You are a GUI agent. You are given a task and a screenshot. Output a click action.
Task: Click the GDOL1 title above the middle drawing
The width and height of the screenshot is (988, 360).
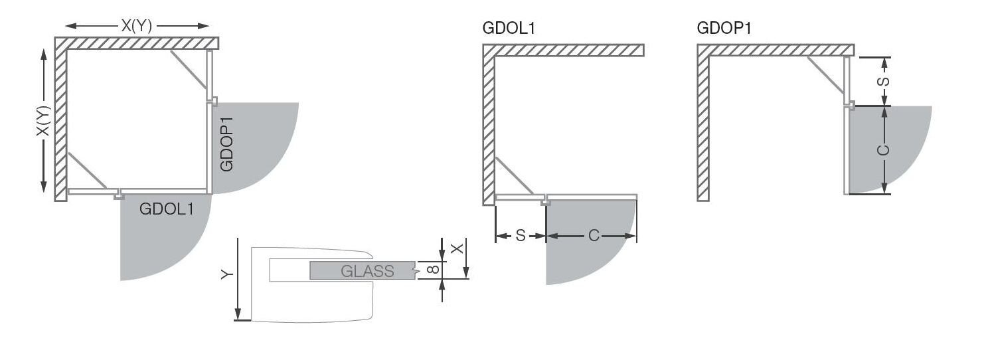[x=509, y=29]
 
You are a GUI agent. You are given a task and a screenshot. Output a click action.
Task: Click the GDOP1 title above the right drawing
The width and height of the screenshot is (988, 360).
[x=723, y=29]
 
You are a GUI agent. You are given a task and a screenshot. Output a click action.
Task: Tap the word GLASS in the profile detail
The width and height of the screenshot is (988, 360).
[x=367, y=271]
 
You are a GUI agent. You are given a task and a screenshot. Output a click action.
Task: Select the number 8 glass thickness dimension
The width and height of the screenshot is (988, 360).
[x=434, y=269]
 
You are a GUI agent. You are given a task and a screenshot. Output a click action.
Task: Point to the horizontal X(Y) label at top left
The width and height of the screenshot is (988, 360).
[x=137, y=26]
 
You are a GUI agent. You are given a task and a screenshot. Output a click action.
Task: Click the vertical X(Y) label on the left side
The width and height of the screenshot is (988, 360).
[x=43, y=121]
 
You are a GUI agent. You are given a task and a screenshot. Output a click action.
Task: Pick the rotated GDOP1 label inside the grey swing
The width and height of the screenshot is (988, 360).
[x=226, y=144]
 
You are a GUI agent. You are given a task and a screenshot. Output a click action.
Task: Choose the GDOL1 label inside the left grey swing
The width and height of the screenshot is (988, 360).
[x=166, y=209]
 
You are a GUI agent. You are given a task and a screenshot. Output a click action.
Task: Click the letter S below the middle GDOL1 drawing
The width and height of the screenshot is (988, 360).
[x=521, y=236]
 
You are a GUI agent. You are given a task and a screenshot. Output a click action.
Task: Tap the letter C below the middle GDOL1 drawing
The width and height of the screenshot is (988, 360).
[x=594, y=236]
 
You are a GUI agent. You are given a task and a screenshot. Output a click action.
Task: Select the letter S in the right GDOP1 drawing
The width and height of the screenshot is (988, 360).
[x=884, y=82]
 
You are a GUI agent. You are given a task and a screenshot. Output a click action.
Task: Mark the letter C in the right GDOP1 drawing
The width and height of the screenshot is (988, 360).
[x=883, y=150]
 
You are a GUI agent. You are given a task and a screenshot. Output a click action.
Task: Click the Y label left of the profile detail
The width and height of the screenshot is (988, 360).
[x=226, y=274]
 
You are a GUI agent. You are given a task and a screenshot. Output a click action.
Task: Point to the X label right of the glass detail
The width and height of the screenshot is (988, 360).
[x=457, y=248]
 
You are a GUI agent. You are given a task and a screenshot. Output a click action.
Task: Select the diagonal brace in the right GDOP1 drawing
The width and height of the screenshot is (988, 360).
[x=826, y=75]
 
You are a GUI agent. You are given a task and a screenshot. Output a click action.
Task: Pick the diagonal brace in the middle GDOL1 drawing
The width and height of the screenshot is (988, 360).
[x=515, y=176]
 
